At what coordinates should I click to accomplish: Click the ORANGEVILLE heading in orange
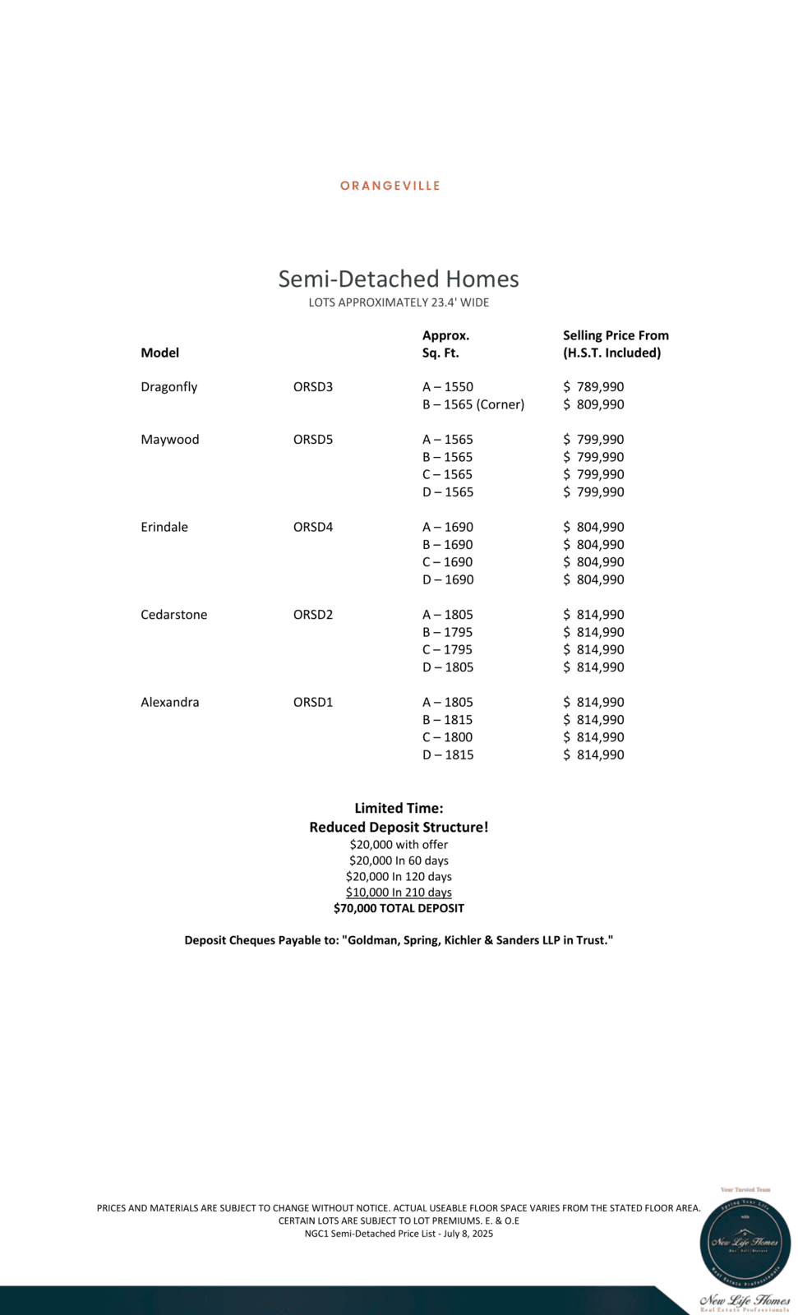390,186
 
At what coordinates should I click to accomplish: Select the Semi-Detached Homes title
399,279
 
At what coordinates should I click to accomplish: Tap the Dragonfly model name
169,387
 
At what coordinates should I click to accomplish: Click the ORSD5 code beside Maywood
313,440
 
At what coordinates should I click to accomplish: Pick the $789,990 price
593,387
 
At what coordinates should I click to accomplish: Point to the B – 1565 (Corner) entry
473,404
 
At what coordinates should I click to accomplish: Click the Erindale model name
164,527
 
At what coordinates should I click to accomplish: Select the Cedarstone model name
174,615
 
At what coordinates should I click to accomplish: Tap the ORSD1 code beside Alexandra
313,702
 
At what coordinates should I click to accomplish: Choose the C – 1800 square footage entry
448,737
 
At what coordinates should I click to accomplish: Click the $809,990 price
593,404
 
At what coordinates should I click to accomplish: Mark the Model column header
160,353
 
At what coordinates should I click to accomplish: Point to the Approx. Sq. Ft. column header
446,344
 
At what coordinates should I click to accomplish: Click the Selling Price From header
616,335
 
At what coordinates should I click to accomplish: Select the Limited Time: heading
399,809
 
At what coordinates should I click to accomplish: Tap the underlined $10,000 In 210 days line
399,893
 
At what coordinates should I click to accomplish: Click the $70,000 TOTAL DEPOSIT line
399,908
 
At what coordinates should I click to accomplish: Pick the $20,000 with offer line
399,845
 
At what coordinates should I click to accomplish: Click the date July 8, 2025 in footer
468,1234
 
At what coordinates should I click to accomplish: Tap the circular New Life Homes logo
745,1243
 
